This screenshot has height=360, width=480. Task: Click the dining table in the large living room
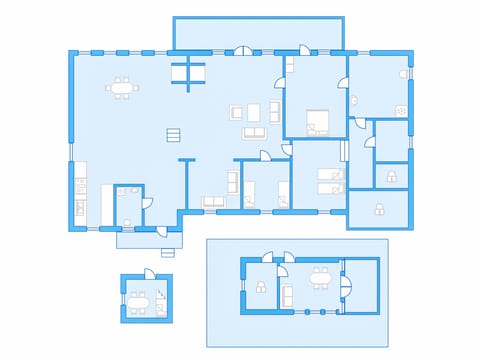(122, 88)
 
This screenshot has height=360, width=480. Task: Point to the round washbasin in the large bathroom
(355, 98)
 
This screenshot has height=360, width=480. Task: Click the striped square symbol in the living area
(173, 134)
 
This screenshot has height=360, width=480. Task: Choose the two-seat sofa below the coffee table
(254, 132)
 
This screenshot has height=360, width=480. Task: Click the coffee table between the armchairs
(254, 110)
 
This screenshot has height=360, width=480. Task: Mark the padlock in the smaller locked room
(391, 177)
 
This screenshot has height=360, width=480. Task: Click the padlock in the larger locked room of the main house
(379, 208)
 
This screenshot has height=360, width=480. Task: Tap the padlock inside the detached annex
(260, 288)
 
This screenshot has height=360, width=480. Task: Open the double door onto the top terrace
(244, 50)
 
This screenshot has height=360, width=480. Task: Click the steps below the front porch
(148, 240)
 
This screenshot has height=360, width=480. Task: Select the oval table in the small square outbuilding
(139, 298)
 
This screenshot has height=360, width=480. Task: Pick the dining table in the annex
(321, 277)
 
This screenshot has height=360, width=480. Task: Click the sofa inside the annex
(286, 295)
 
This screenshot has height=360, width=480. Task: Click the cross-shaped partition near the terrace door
(187, 71)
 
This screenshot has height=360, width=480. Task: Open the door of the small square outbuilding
(147, 273)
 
